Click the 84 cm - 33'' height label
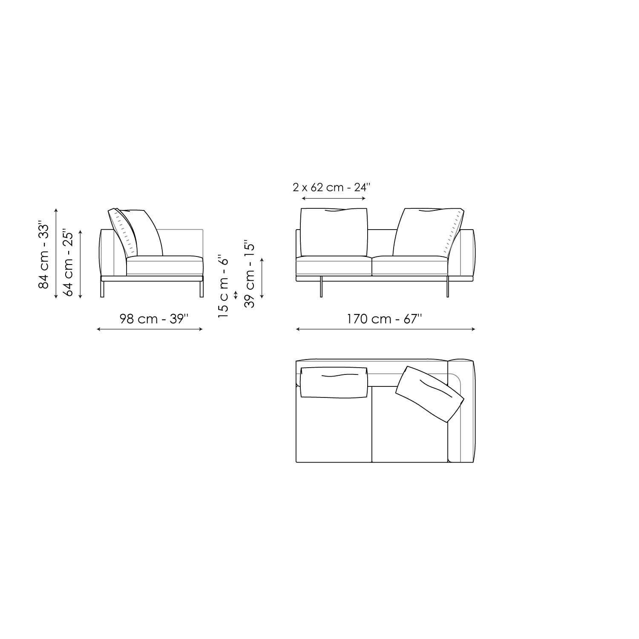(44, 255)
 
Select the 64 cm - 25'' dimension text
(68, 263)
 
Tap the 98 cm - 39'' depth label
(154, 319)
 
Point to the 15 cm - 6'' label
(223, 287)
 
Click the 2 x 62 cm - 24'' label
(331, 187)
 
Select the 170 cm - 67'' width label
(384, 319)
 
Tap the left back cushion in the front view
(334, 232)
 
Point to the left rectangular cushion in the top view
(334, 382)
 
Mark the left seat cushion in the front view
(334, 266)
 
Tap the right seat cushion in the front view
(410, 266)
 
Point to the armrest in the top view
(461, 411)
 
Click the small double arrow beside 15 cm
(236, 295)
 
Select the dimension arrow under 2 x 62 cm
(334, 199)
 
